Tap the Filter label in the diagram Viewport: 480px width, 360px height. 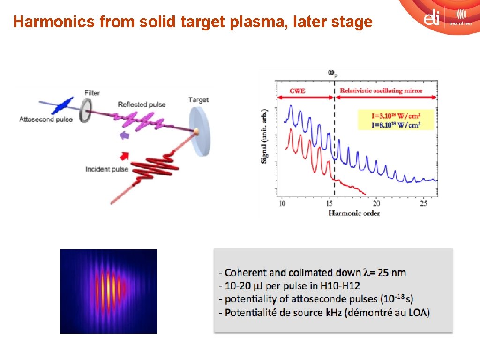92,93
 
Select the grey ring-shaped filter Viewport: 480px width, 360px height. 85,111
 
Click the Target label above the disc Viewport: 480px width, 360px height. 198,99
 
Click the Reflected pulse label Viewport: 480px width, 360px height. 142,104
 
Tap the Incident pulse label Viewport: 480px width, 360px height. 107,169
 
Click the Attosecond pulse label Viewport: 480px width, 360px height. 46,119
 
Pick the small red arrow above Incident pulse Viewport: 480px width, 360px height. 125,155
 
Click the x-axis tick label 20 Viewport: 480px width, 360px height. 376,203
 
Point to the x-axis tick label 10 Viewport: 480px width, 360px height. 282,203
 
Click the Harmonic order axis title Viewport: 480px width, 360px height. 354,213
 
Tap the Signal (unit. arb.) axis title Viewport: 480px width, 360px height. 265,136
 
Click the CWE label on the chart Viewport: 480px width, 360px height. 298,90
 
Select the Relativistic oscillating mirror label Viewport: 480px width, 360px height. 381,90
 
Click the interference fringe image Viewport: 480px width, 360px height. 109,291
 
